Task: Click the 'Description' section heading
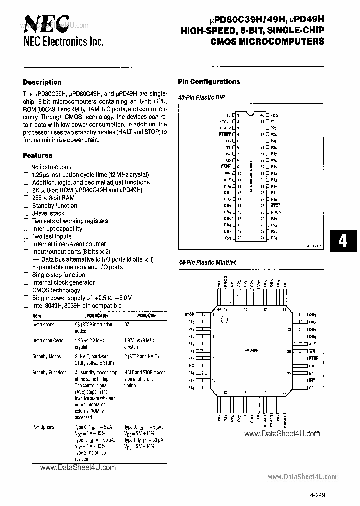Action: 42,82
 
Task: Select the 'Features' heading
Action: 38,155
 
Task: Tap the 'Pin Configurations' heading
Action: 209,82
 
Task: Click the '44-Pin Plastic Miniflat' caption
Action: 207,262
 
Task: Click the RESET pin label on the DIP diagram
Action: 225,134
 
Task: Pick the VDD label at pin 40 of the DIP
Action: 274,115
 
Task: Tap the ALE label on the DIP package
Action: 227,179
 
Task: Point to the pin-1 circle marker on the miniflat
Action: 225,318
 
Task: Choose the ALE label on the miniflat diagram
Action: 312,344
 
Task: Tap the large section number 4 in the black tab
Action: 342,241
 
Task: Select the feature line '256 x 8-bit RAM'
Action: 53,198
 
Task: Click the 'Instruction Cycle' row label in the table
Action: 48,340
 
